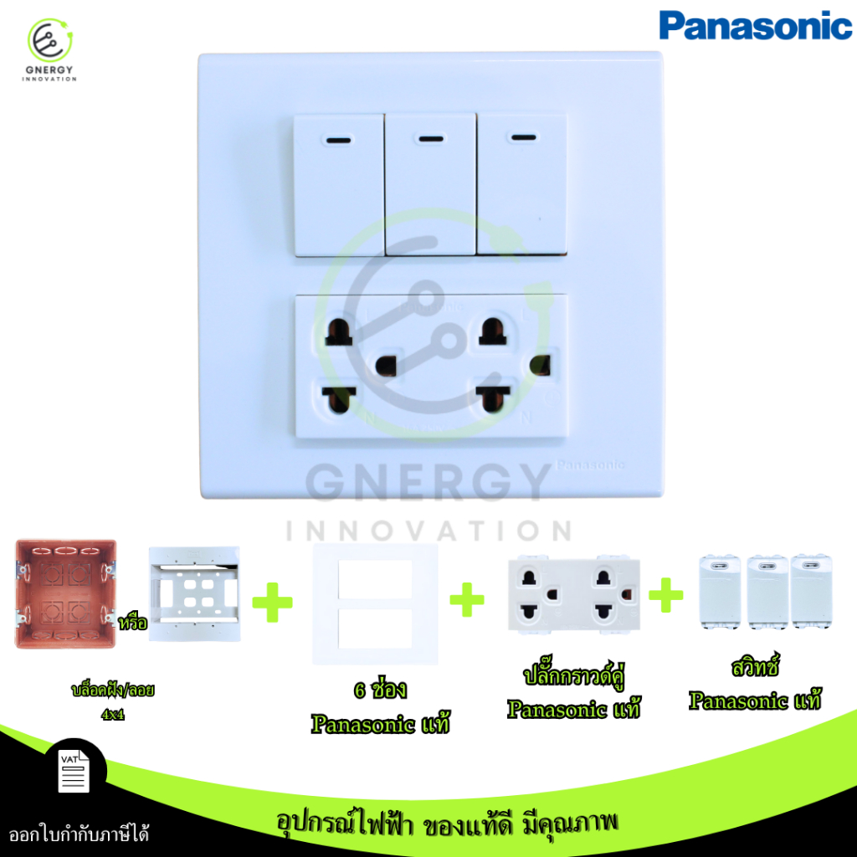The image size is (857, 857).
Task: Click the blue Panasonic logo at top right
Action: pyautogui.click(x=755, y=26)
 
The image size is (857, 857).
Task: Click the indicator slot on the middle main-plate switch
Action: pyautogui.click(x=431, y=139)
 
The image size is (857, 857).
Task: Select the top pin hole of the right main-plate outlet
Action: pyautogui.click(x=492, y=331)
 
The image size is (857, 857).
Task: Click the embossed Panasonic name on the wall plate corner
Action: pyautogui.click(x=590, y=465)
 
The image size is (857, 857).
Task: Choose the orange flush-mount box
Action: pyautogui.click(x=65, y=594)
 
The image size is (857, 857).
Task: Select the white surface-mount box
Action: pyautogui.click(x=194, y=593)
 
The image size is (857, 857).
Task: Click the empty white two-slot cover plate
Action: pyautogui.click(x=375, y=604)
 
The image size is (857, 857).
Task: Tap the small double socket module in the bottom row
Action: pyautogui.click(x=574, y=595)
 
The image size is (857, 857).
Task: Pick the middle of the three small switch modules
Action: pyautogui.click(x=767, y=592)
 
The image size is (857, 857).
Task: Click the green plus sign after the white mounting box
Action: pyautogui.click(x=272, y=603)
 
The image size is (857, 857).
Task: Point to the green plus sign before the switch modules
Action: pyautogui.click(x=665, y=595)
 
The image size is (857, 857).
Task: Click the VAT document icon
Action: pyautogui.click(x=74, y=771)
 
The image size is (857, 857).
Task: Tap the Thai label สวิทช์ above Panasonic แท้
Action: pyautogui.click(x=755, y=665)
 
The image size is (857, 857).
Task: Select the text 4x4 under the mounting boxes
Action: pyautogui.click(x=113, y=715)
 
